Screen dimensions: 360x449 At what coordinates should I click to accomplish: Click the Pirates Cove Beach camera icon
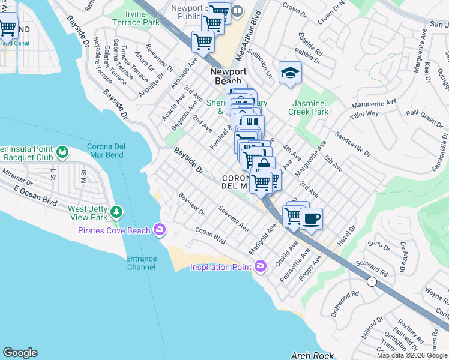pos(160,229)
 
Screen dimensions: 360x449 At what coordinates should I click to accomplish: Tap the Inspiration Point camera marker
pos(260,266)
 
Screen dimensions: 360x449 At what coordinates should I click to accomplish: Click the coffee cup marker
pos(310,219)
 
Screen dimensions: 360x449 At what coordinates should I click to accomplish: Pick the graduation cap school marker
pos(290,73)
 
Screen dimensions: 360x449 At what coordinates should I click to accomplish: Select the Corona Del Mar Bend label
pos(114,150)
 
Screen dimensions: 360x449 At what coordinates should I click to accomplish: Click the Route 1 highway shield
pos(372,281)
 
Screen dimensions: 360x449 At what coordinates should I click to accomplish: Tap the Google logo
pos(20,353)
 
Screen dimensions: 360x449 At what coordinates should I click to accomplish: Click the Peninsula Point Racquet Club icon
pos(62,152)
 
